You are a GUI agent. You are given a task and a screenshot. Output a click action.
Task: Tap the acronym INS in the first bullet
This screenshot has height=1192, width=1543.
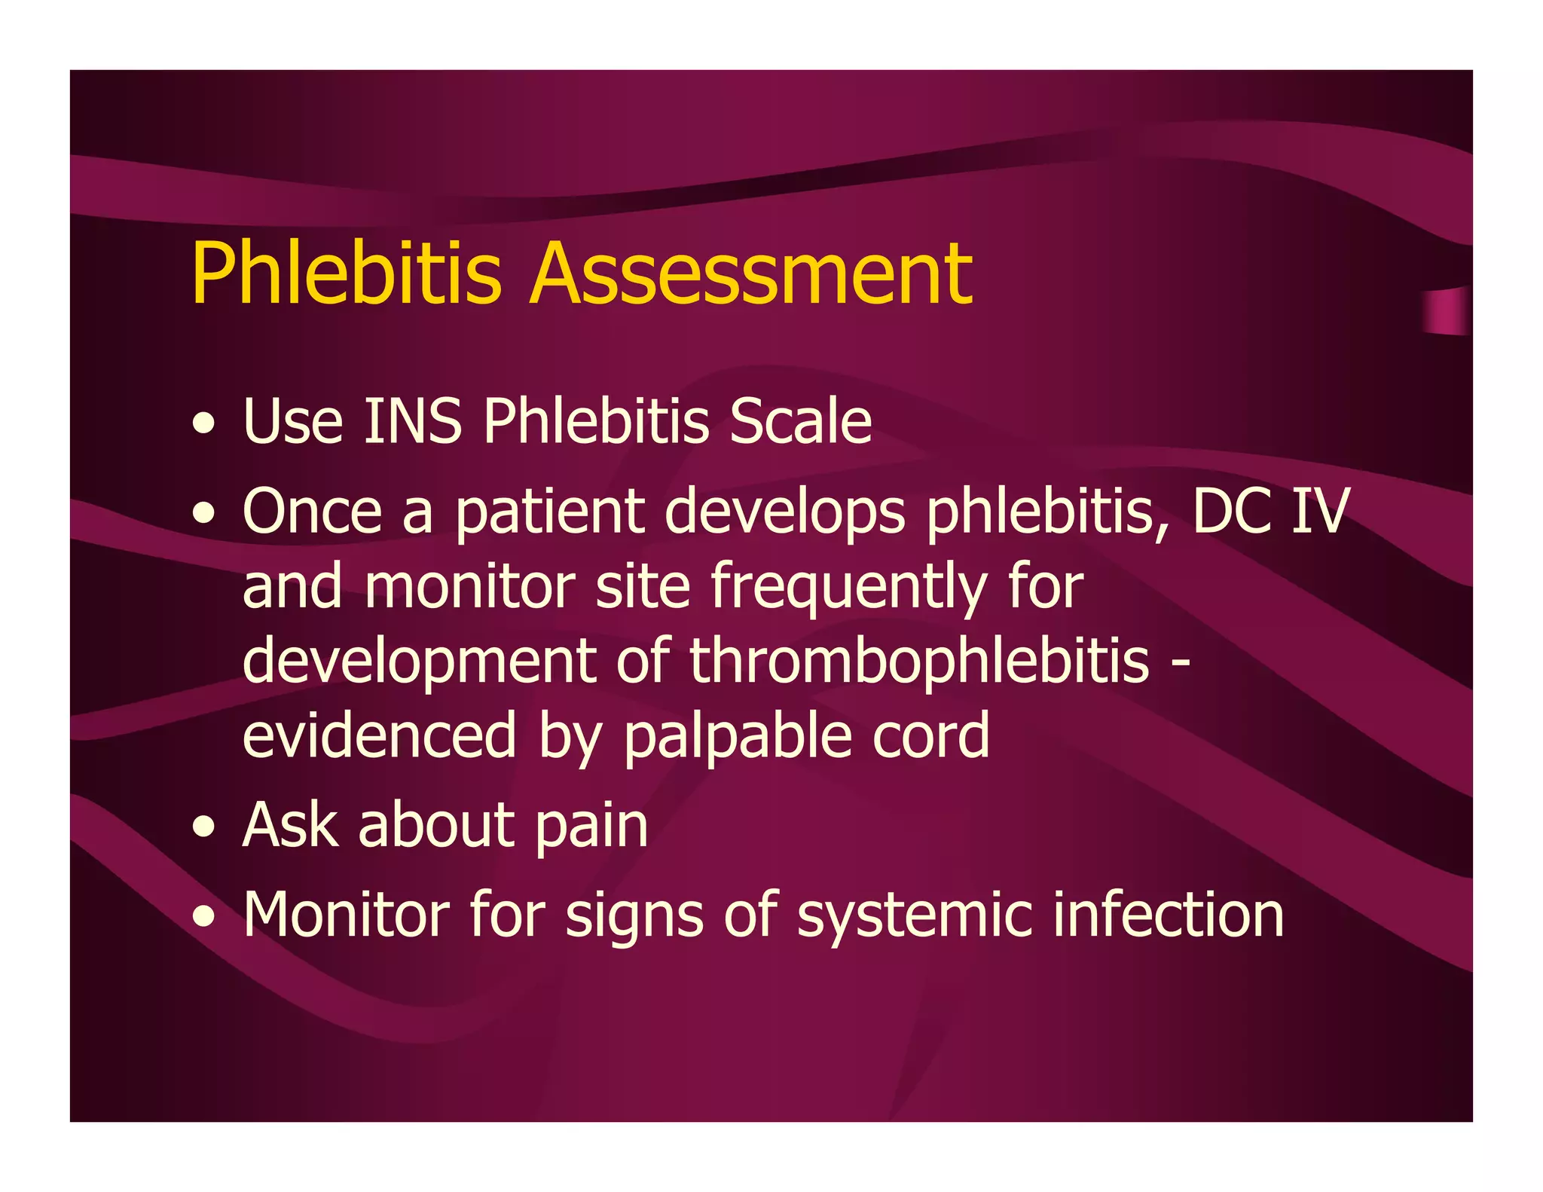click(412, 421)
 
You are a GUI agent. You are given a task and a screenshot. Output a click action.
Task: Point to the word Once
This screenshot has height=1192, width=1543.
click(312, 512)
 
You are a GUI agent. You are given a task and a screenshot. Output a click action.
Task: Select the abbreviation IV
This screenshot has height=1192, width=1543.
click(1319, 512)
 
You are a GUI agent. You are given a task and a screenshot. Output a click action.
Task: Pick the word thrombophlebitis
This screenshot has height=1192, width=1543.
click(919, 661)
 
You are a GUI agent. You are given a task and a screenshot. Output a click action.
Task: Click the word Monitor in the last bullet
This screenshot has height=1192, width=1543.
click(346, 914)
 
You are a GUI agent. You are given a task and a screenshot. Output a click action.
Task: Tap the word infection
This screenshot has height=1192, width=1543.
click(1169, 914)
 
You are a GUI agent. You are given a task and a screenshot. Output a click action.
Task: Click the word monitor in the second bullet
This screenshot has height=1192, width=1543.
click(470, 587)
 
